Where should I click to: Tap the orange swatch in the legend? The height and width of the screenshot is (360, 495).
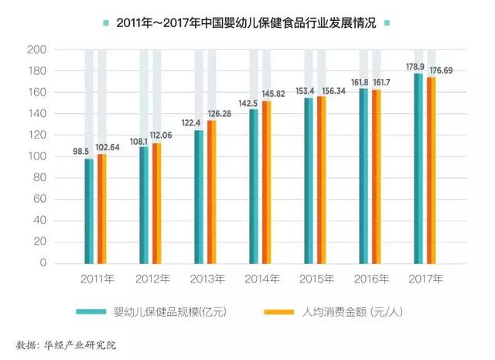[278, 312]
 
